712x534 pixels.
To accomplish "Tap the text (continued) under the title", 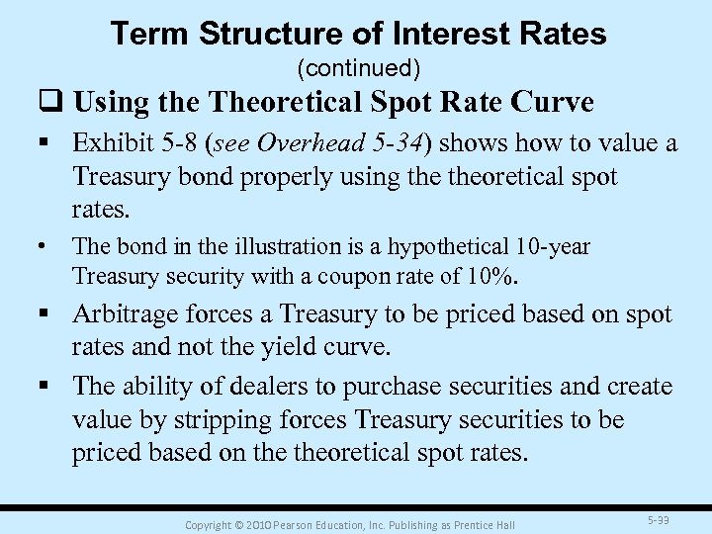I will pos(359,68).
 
